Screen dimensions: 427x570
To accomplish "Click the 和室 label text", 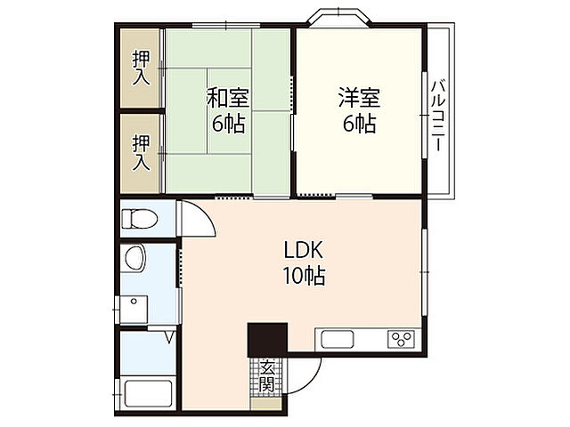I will pos(228,96).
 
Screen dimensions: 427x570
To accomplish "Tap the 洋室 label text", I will pos(359,95).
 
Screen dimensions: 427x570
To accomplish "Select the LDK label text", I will pos(303,250).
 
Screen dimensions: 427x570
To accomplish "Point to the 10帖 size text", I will pos(304,276).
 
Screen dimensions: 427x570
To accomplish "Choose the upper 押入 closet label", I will pos(142,68).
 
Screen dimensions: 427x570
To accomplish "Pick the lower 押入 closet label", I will pos(142,152).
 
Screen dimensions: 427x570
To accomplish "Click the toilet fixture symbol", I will pos(138,218).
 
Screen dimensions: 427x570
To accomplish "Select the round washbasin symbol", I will pos(135,259).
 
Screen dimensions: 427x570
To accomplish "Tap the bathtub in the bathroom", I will pos(148,392).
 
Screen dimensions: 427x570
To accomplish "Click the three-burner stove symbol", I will pos(400,339).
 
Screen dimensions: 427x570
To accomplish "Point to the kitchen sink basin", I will pos(338,339).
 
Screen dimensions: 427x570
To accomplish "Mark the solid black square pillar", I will pos(267,339).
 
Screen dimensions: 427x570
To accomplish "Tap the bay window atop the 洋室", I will pos(339,17).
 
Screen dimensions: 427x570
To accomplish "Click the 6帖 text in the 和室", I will pos(228,124).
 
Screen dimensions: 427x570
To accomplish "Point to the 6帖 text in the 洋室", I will pos(359,124).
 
